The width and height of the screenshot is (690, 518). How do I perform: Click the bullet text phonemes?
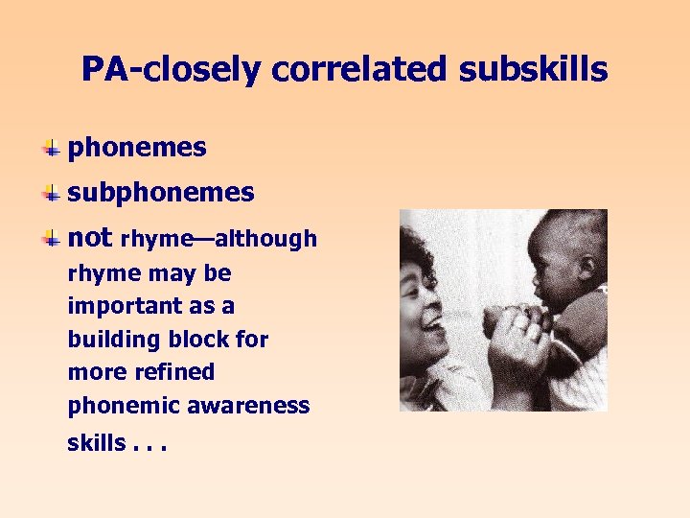point(137,148)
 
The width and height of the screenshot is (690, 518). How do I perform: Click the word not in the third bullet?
point(90,237)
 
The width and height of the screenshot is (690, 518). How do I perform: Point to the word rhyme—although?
point(219,239)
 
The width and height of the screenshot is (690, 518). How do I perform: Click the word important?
point(116,307)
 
